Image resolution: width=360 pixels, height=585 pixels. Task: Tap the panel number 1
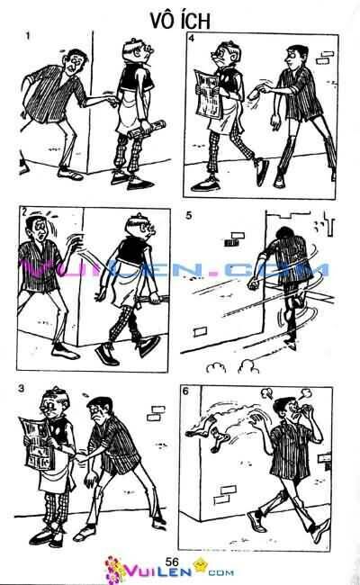point(30,36)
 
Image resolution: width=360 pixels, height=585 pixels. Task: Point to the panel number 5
point(188,216)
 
